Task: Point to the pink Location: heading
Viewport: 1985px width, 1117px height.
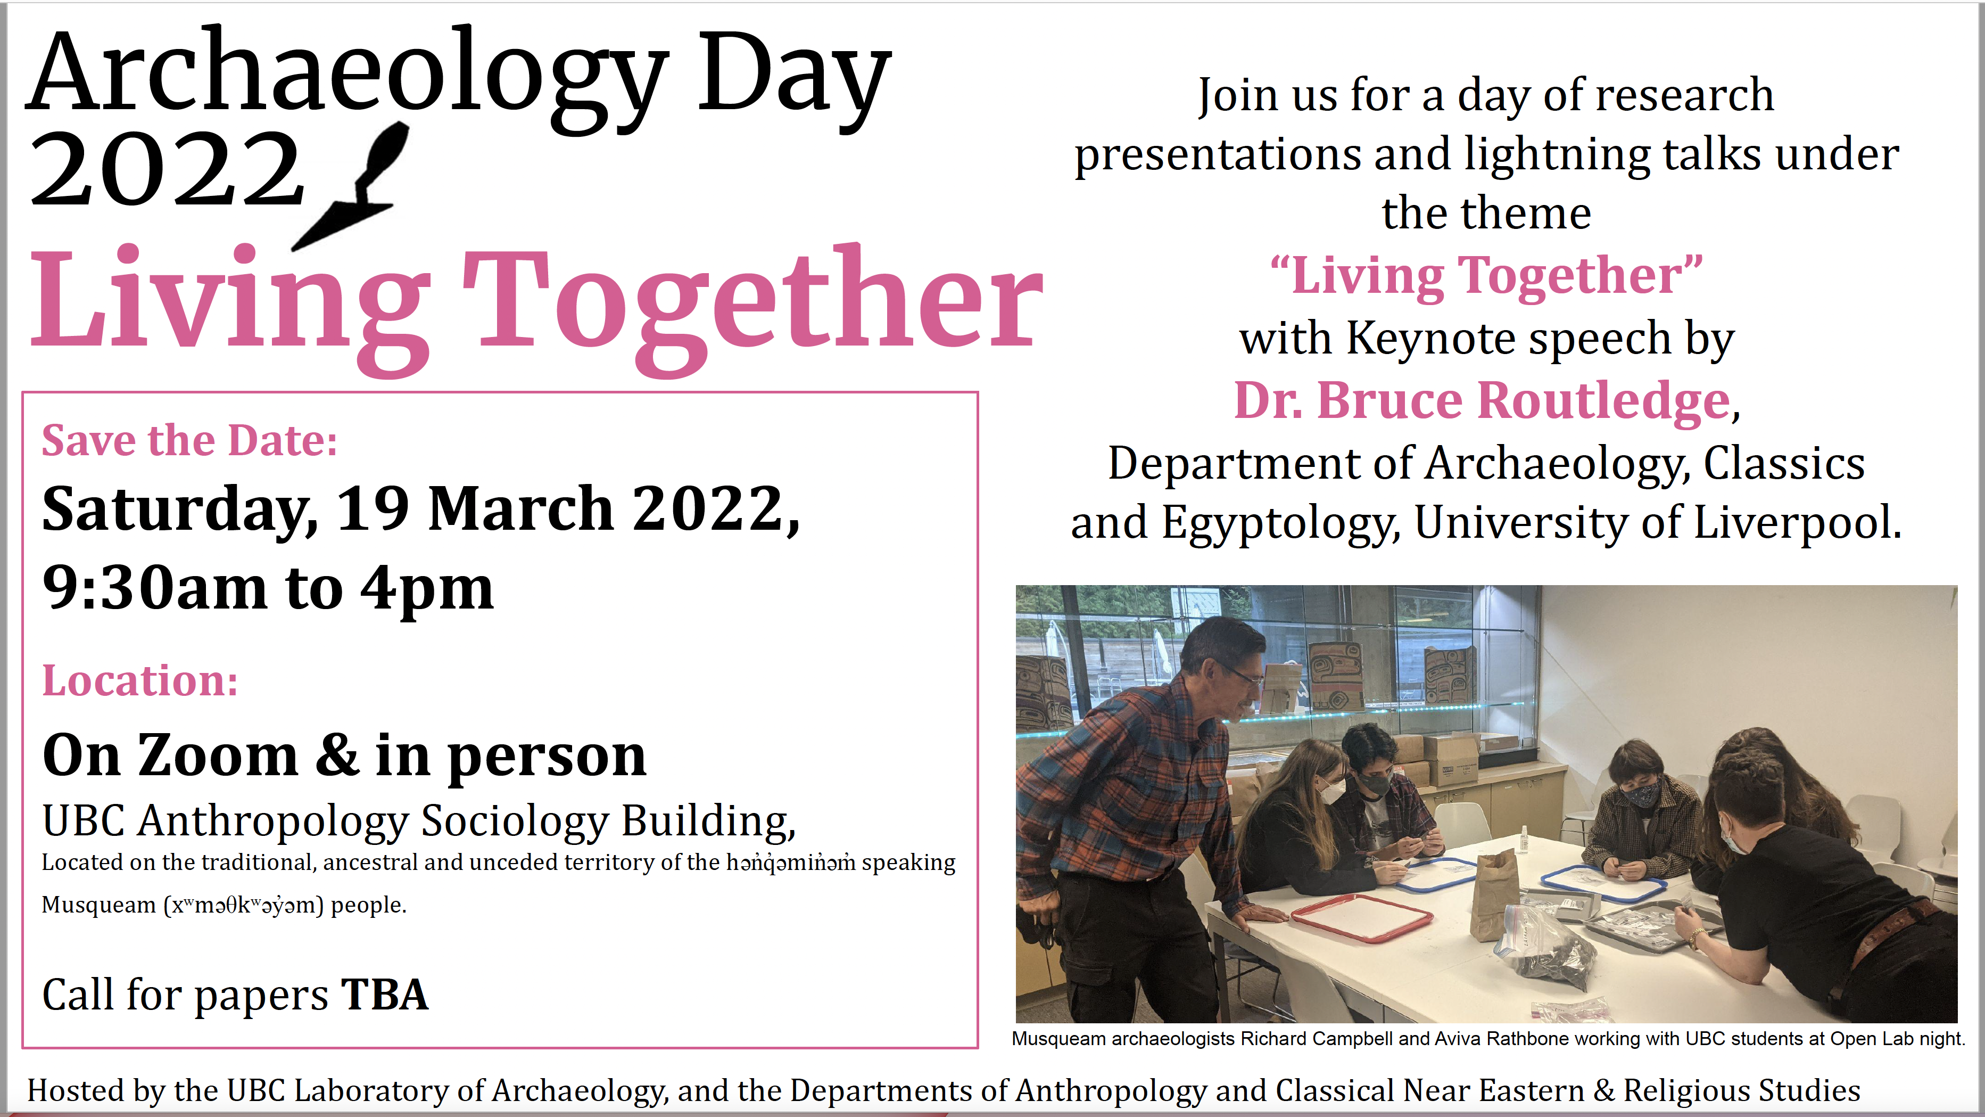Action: [x=140, y=680]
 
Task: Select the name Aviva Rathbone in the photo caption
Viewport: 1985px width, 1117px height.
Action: [x=1490, y=1038]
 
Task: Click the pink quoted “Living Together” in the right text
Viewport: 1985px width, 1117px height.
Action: [x=1486, y=275]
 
